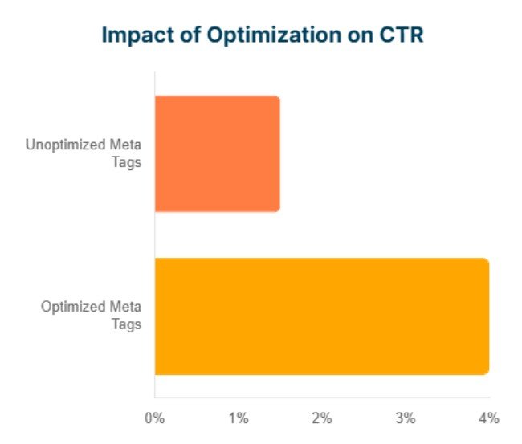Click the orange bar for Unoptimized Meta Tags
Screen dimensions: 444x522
[x=217, y=153]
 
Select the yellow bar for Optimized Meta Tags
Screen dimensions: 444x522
[x=321, y=316]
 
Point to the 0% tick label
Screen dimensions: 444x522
[x=154, y=418]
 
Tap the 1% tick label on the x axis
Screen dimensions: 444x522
[x=238, y=418]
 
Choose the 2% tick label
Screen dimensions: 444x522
[x=322, y=418]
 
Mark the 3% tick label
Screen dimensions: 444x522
[x=406, y=418]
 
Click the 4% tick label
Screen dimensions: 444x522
[x=488, y=418]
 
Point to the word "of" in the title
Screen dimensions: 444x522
[x=183, y=36]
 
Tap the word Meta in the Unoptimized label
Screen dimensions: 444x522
[x=126, y=145]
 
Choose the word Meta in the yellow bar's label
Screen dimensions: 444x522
[x=126, y=308]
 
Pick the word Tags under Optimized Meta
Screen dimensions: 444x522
[x=127, y=324]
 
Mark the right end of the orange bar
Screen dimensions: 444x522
[x=279, y=153]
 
